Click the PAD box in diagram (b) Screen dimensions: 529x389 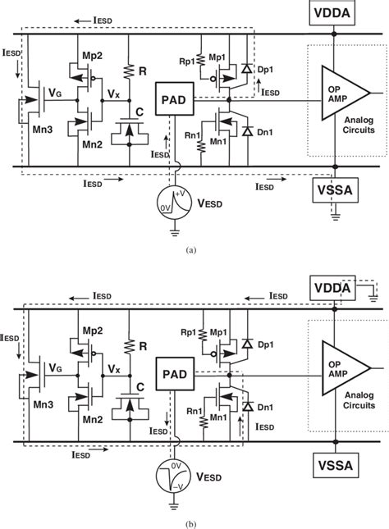click(x=173, y=375)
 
